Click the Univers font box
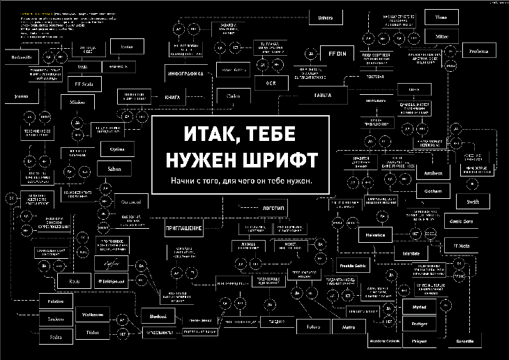click(326, 17)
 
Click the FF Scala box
click(83, 84)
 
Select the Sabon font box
click(114, 167)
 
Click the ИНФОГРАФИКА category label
click(190, 73)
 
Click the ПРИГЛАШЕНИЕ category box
click(183, 227)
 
